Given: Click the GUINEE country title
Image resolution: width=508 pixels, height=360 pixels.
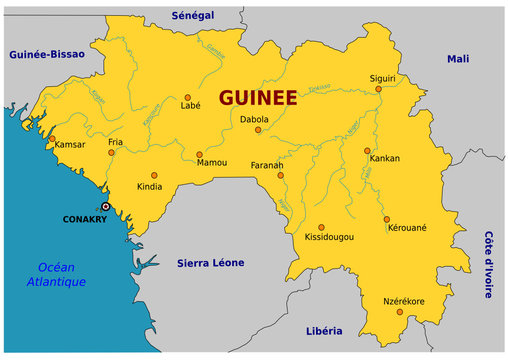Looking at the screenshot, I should point(257,97).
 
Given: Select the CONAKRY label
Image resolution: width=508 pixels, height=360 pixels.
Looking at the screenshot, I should point(84,218).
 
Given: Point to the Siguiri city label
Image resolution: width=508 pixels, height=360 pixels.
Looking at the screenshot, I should point(383,77).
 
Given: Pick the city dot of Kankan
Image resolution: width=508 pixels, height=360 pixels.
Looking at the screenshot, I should point(367,151).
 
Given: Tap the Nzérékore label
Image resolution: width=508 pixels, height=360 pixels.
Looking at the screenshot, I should point(404,301).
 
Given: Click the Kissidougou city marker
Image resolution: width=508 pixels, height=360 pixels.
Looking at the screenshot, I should point(322,227).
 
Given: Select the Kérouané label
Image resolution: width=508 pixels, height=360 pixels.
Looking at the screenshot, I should point(407,228).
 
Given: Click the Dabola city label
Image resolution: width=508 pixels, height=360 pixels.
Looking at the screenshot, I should point(254,120).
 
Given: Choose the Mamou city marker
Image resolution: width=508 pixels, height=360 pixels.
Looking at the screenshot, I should point(199,155).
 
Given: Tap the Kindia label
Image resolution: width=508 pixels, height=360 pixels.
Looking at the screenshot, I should point(150,186).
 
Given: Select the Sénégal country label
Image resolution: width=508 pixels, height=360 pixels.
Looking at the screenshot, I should point(193,17).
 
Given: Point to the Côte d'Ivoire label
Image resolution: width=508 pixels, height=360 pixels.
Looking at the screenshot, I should point(489,264).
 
